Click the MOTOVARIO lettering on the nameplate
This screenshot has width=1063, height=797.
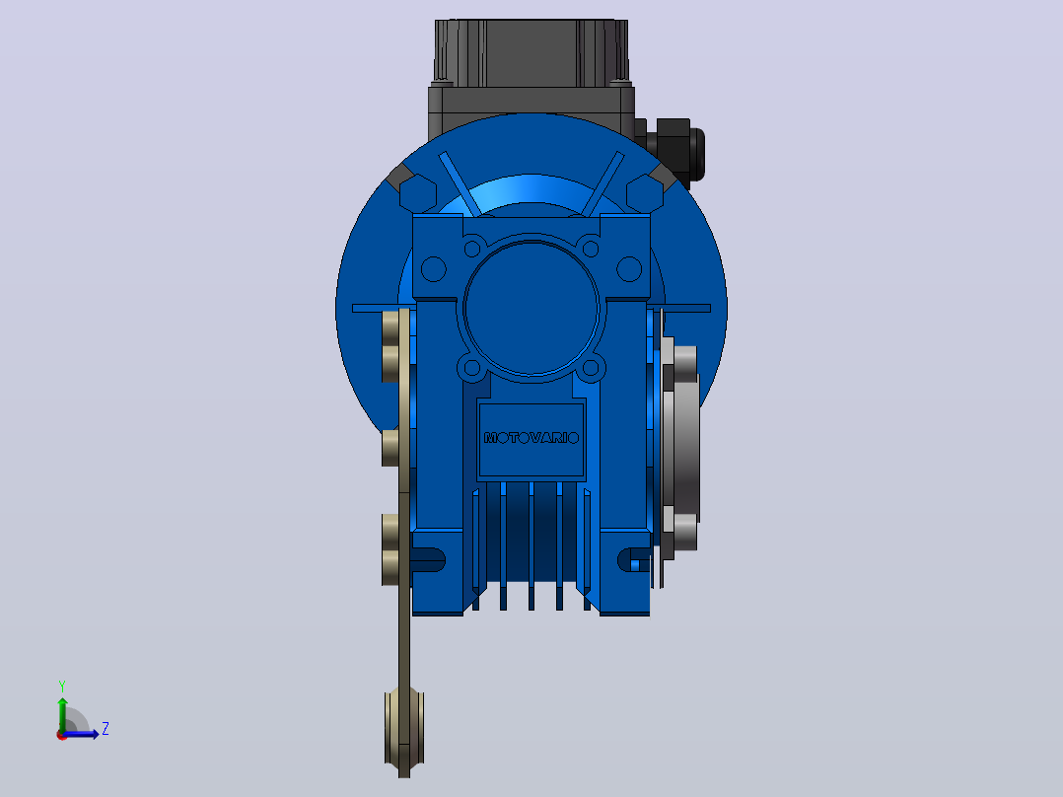click(531, 438)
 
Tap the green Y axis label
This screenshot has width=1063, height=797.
click(62, 686)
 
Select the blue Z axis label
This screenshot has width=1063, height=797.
click(106, 729)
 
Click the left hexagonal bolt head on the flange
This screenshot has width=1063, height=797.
click(418, 193)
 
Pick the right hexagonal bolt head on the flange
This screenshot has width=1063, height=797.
click(645, 193)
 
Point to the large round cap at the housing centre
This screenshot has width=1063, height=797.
click(531, 308)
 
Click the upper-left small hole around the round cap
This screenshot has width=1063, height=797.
click(472, 249)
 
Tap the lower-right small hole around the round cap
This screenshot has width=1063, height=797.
click(591, 368)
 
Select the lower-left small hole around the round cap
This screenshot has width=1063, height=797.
click(472, 368)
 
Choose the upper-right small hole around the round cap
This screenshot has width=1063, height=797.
click(591, 249)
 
